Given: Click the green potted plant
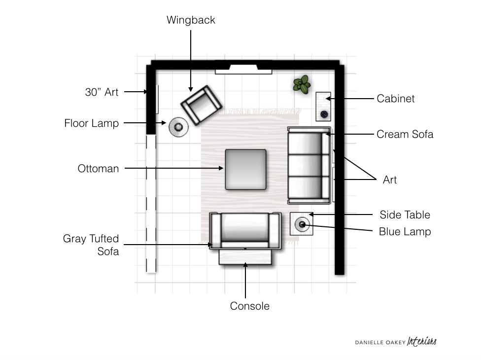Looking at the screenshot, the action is [x=302, y=84].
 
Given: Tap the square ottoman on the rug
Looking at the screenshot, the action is [x=246, y=170].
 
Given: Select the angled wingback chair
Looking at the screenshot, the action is [x=201, y=105].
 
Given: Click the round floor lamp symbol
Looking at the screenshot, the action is [x=178, y=127].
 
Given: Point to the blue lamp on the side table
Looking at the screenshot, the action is [x=302, y=225].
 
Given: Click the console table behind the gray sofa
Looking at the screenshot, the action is [x=245, y=257].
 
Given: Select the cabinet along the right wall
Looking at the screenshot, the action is [x=323, y=107].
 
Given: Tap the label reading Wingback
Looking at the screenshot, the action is [x=191, y=20].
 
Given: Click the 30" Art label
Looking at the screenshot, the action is [x=102, y=92].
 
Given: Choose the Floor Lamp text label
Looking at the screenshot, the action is [x=91, y=123].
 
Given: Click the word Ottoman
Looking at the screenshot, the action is [x=98, y=169].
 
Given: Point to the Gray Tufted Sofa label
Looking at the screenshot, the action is [x=91, y=245].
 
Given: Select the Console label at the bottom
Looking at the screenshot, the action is [x=250, y=306].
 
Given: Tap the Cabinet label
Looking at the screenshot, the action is [x=395, y=99].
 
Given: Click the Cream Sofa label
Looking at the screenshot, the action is [x=405, y=134].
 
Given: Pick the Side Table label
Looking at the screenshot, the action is [x=405, y=215].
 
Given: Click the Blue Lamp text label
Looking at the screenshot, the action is [x=405, y=231].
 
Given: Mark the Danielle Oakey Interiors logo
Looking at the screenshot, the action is [x=396, y=342].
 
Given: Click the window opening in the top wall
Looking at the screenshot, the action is [x=243, y=70].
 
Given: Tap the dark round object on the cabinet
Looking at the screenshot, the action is [x=324, y=114].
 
